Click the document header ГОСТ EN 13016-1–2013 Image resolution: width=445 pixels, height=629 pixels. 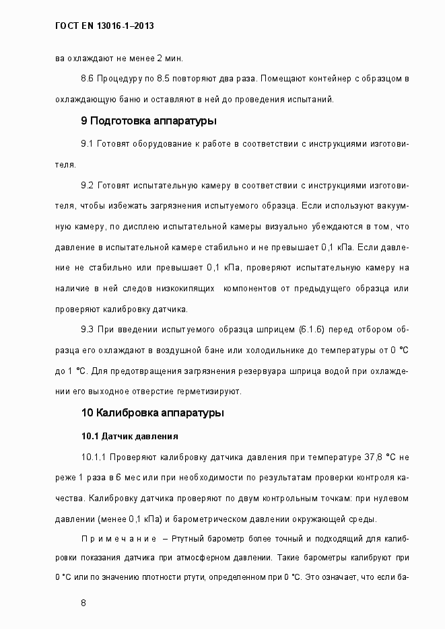point(104,26)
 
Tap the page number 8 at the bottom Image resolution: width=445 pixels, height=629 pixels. point(83,602)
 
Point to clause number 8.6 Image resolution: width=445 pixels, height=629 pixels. point(87,79)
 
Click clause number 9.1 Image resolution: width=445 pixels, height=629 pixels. point(87,145)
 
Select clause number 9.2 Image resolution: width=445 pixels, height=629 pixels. point(87,185)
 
